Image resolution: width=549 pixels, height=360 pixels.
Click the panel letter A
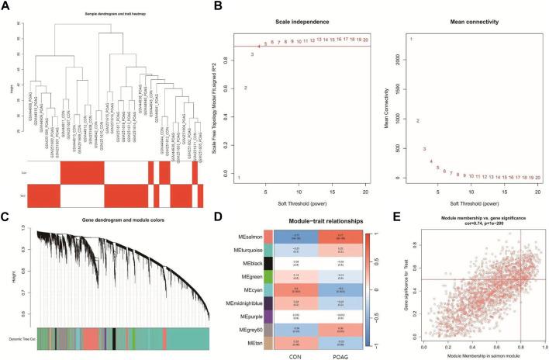click(x=5, y=6)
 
